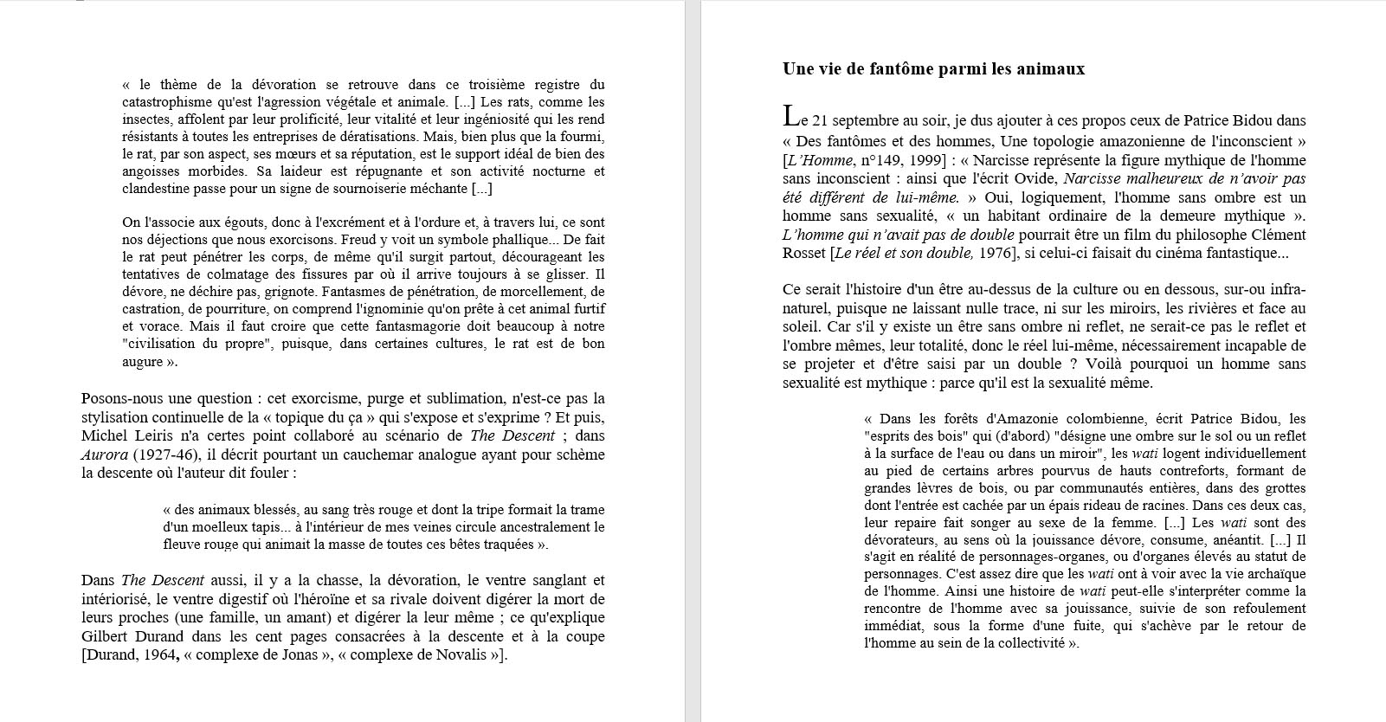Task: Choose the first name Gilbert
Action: coord(106,636)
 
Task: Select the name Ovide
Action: coord(1034,179)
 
